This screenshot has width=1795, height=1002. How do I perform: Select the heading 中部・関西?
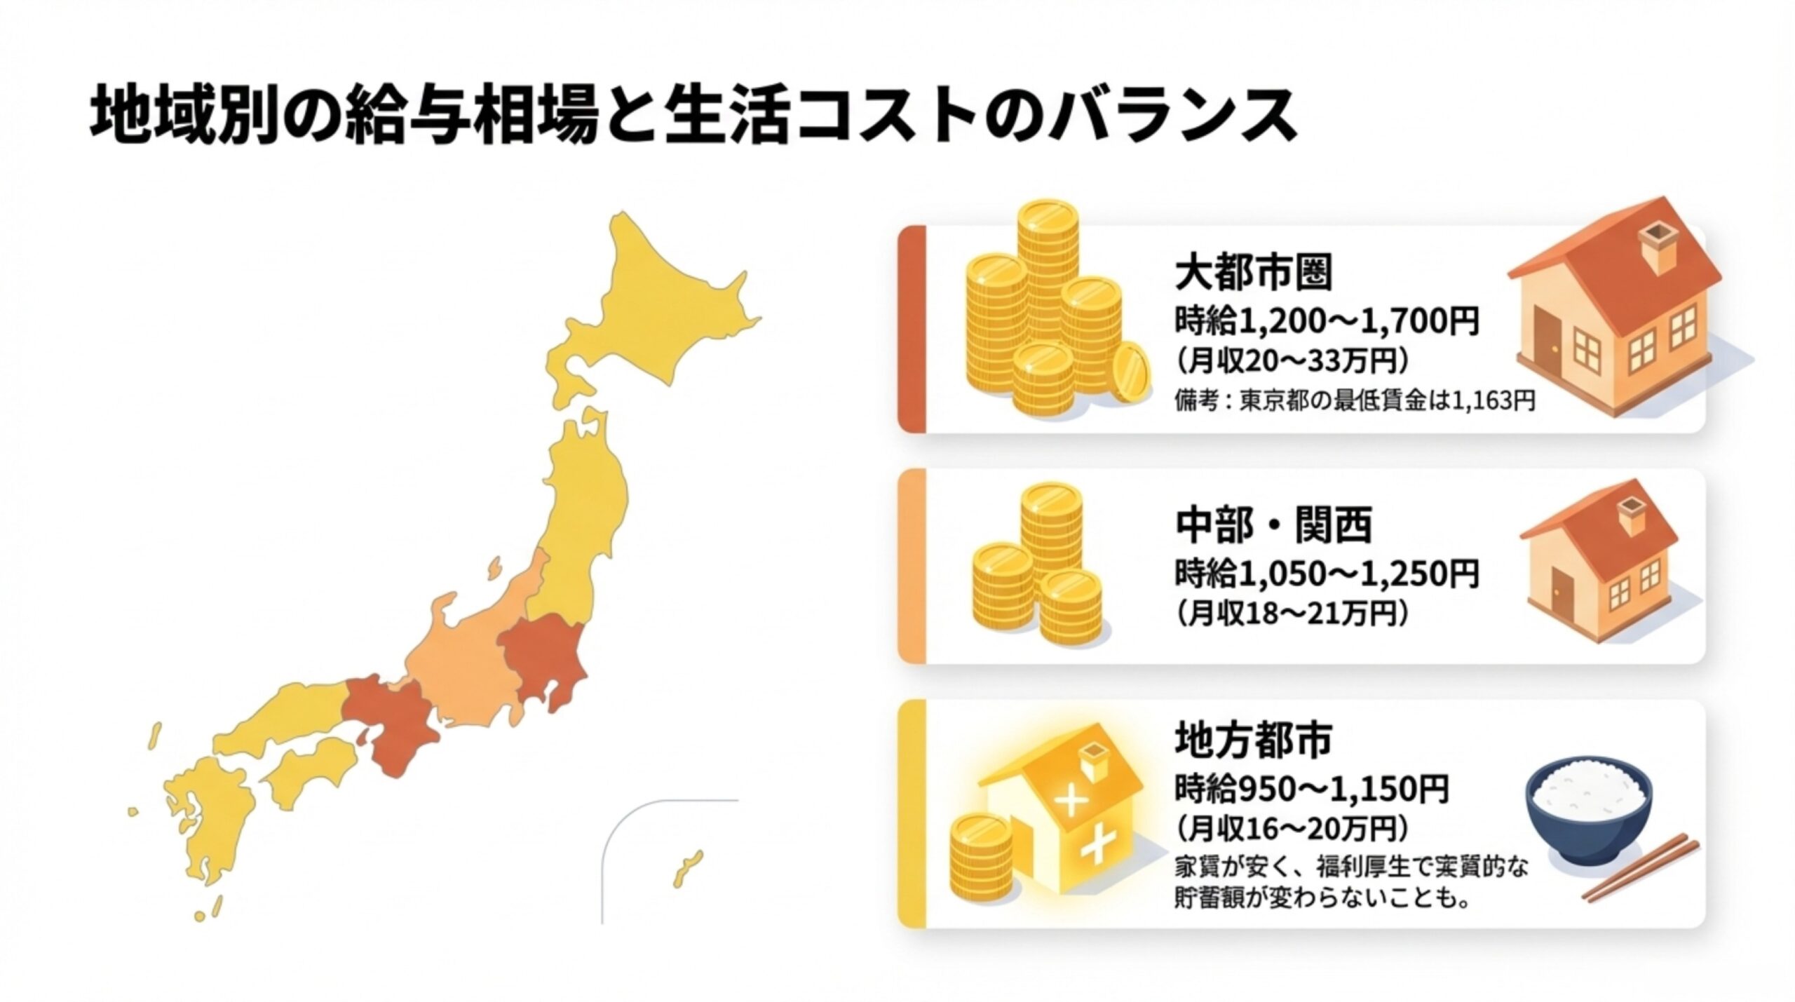[1273, 526]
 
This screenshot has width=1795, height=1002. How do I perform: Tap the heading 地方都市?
[1253, 740]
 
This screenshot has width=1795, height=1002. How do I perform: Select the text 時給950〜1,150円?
[1311, 790]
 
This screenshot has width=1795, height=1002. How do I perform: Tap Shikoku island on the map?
[309, 775]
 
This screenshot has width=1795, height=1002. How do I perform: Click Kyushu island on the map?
[207, 827]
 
